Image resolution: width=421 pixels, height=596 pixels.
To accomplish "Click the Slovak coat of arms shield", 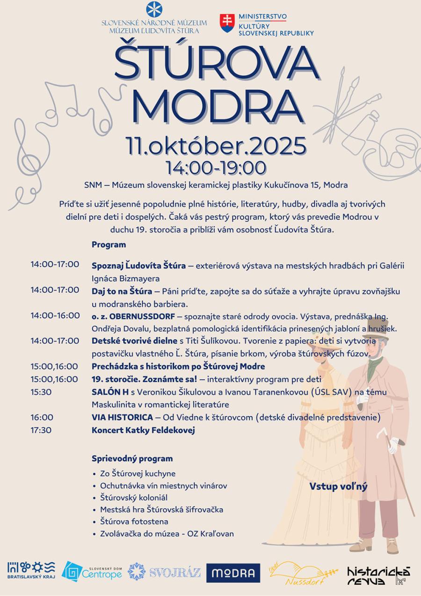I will click(x=226, y=23).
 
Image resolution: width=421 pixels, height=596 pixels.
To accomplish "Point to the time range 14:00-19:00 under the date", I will click(x=216, y=167).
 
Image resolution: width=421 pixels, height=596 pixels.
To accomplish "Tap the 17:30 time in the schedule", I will click(x=41, y=430).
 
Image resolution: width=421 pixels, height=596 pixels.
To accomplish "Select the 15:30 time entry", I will click(x=41, y=392).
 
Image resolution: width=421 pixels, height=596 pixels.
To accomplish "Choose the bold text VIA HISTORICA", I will click(x=122, y=417).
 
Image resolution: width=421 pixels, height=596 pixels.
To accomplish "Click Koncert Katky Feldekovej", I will click(x=143, y=430).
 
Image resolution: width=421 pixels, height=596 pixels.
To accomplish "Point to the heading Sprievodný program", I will click(x=132, y=458).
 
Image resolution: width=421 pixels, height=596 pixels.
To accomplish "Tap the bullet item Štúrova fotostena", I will click(x=134, y=521).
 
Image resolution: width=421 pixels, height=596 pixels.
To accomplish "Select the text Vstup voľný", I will click(x=338, y=486).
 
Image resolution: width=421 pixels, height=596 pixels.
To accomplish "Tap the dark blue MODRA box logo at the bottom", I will click(x=233, y=573).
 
